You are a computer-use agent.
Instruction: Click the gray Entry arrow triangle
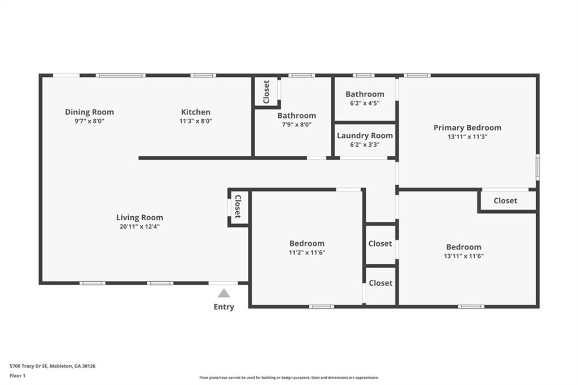[x=224, y=294]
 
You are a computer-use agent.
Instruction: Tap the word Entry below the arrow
[x=224, y=307]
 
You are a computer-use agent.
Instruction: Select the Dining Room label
[x=90, y=112]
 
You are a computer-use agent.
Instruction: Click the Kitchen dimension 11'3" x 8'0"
[x=196, y=121]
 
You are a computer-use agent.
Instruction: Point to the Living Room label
[x=140, y=218]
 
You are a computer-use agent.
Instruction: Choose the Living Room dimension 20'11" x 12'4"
[x=140, y=227]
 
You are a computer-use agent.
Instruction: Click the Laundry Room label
[x=365, y=135]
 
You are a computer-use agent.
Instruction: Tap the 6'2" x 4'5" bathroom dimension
[x=365, y=104]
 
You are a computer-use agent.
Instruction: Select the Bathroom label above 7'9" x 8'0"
[x=297, y=116]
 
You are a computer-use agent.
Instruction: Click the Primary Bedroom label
[x=467, y=128]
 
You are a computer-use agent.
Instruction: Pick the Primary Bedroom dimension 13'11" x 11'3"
[x=467, y=137]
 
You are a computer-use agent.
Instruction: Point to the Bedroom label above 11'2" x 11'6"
[x=307, y=243]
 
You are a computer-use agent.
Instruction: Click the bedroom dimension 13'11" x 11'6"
[x=464, y=256]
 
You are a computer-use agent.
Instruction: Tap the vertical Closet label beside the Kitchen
[x=266, y=92]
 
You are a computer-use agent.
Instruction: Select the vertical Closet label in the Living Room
[x=238, y=207]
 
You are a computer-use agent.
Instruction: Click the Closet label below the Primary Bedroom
[x=505, y=200]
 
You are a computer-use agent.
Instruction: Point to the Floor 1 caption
[x=17, y=376]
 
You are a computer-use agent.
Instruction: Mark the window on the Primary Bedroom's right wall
[x=538, y=168]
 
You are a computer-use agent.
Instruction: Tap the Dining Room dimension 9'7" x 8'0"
[x=90, y=121]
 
